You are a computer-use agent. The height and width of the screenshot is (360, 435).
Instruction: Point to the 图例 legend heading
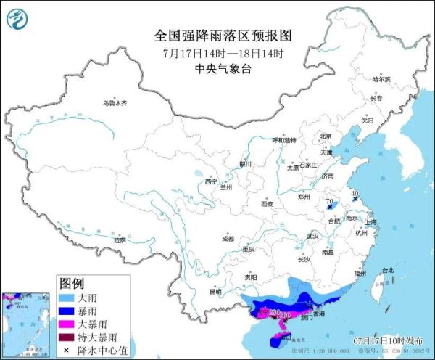tap(72, 283)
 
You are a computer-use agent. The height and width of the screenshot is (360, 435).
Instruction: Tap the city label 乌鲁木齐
tap(114, 103)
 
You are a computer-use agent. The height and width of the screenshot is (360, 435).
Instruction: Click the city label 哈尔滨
tap(381, 78)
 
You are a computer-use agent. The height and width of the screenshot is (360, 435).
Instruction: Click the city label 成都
tap(228, 238)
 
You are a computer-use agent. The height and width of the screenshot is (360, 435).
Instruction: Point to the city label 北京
tap(326, 136)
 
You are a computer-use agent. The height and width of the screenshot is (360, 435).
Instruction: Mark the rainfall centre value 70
tap(328, 201)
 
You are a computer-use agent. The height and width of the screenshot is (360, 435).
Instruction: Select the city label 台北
tap(389, 270)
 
